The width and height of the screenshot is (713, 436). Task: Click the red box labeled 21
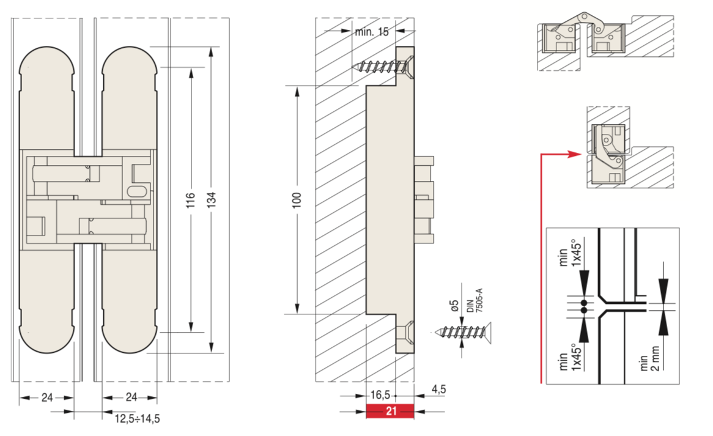click(390, 412)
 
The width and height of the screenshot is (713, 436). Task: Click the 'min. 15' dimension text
click(371, 31)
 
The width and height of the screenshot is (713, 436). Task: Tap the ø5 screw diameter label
click(454, 305)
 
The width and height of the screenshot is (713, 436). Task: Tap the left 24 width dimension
click(46, 398)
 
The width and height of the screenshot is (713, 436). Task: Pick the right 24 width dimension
click(131, 398)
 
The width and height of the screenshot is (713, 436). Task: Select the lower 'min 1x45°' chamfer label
click(568, 360)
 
